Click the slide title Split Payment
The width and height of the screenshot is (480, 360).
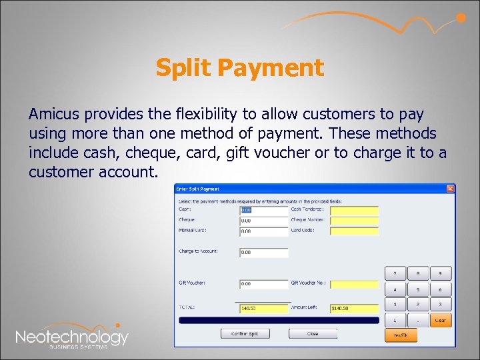239,67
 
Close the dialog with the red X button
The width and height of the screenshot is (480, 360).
451,189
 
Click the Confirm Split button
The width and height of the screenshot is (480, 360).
249,333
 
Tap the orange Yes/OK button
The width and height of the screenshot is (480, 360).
401,335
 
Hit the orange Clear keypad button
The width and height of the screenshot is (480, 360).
440,320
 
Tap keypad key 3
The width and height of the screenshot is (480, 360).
440,305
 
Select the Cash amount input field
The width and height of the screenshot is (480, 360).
263,210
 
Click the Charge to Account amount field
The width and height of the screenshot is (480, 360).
263,253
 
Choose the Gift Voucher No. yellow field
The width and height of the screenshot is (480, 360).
354,283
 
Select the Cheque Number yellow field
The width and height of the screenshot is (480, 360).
354,221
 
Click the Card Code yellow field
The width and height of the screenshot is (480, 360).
354,231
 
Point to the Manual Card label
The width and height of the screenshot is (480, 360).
193,231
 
